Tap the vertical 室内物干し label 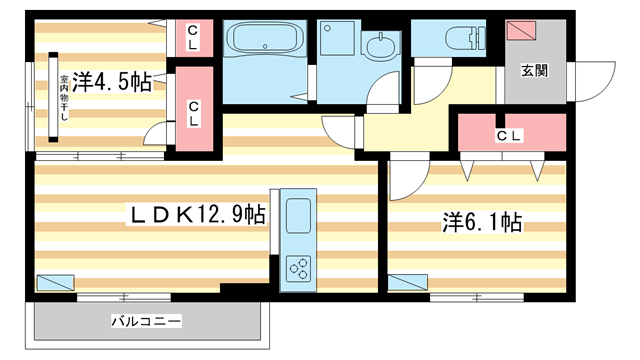click(62, 98)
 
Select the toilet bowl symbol click(460, 38)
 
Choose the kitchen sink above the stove click(298, 216)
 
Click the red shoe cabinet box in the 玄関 click(521, 30)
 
